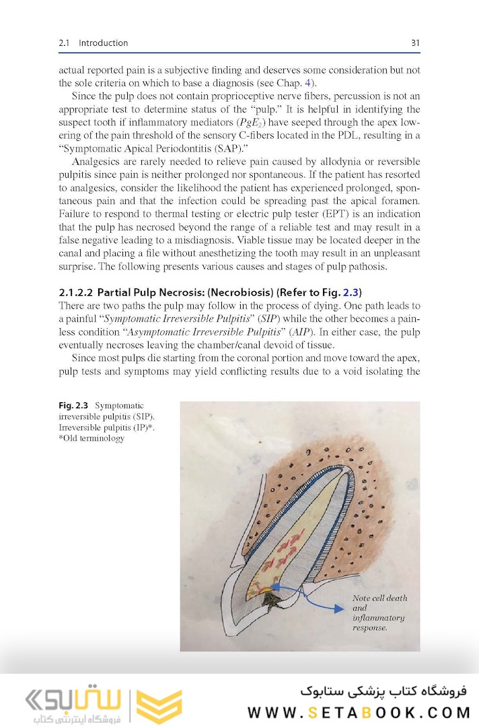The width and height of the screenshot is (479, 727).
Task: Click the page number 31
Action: click(415, 43)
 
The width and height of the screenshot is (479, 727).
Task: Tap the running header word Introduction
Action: click(103, 43)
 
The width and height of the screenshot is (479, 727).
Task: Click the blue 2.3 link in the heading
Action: click(351, 292)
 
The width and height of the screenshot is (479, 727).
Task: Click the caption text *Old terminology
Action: click(91, 439)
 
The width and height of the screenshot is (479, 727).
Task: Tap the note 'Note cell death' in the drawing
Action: click(379, 598)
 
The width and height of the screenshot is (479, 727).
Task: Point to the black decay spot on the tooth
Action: click(272, 601)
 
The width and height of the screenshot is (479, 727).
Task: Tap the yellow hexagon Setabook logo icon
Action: click(158, 705)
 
